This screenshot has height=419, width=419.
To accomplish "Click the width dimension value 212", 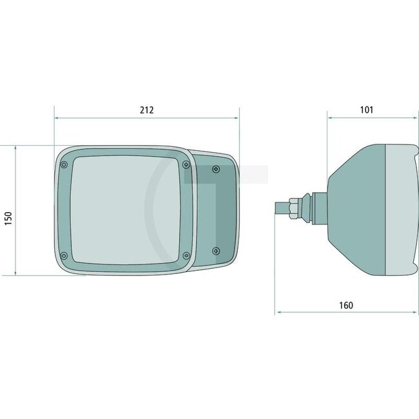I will (x=146, y=110).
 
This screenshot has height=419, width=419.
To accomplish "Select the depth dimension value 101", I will (x=366, y=110).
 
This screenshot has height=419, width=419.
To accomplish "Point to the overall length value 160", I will (x=346, y=305).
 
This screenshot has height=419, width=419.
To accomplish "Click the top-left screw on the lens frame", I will (x=63, y=165).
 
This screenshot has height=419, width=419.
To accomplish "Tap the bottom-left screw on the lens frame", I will (x=63, y=255).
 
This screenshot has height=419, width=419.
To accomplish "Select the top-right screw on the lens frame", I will (x=186, y=165).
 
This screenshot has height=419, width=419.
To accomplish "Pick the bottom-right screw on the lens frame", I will (x=186, y=256).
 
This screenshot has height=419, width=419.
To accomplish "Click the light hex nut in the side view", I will (x=293, y=209).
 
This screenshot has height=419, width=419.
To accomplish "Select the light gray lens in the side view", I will (x=400, y=209).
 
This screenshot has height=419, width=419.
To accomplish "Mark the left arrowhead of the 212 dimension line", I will (x=56, y=119).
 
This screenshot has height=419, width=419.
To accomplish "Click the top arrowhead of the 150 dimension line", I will (x=15, y=148).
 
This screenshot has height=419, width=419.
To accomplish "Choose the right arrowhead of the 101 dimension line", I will (x=412, y=119).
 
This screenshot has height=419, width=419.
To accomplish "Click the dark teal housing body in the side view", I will (x=355, y=209).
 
